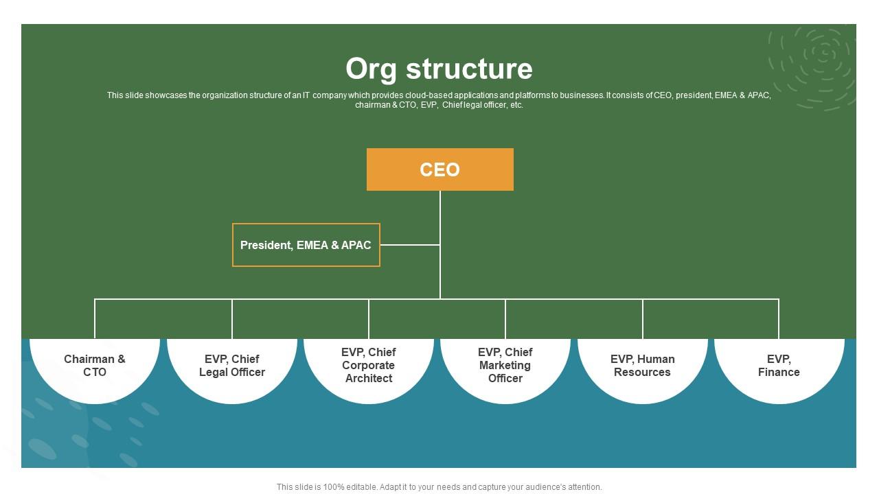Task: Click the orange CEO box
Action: point(439,169)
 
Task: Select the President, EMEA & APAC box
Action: point(306,245)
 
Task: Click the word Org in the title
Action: point(371,69)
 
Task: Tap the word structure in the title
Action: point(468,69)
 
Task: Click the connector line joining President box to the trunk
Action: point(410,245)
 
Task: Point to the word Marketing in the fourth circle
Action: point(505,365)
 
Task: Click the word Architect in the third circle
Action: point(369,378)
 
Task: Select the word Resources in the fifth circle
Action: point(642,372)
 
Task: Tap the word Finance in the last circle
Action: point(779,372)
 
